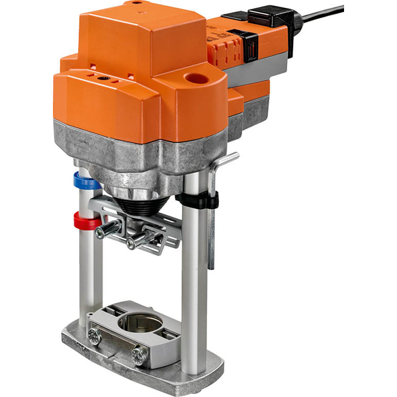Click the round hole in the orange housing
click(196, 79)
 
